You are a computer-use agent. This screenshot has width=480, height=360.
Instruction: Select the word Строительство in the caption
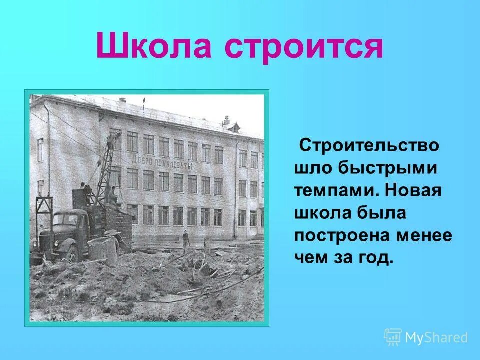369,146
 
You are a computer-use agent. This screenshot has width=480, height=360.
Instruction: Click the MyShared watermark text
436,337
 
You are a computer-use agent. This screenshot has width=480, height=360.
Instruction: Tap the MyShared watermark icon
393,337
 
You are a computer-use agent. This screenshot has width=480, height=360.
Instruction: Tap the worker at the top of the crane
111,140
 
